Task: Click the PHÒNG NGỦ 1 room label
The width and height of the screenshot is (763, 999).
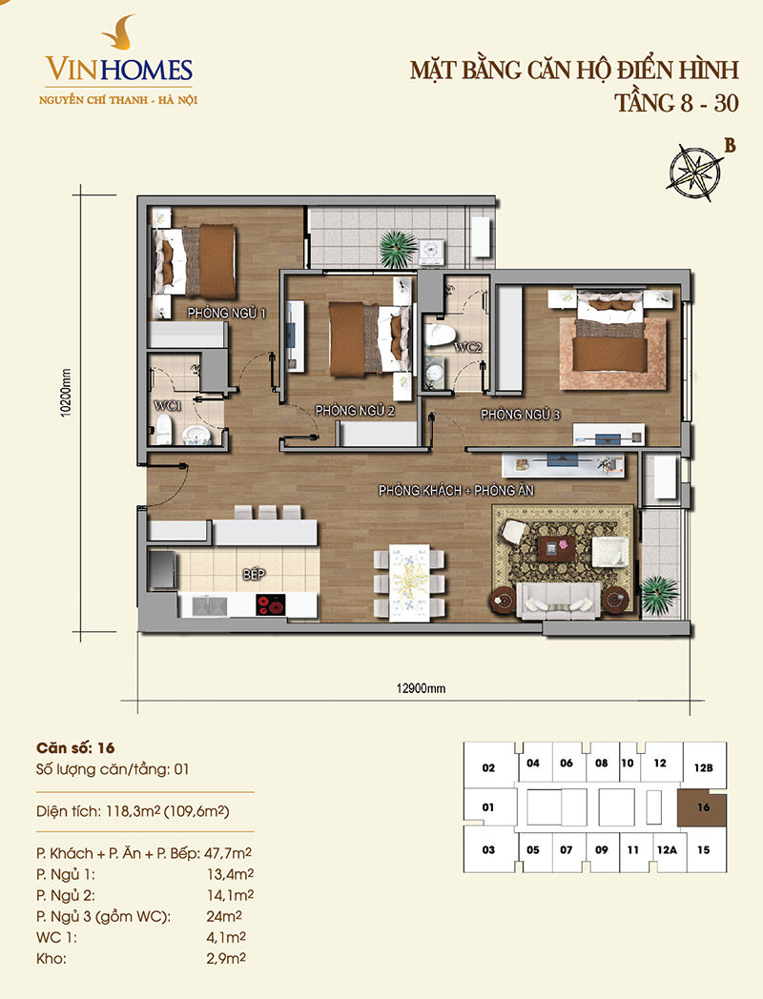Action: pyautogui.click(x=226, y=313)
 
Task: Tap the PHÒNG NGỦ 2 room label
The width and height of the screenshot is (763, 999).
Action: pyautogui.click(x=355, y=411)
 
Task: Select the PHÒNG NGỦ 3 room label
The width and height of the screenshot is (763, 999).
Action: pyautogui.click(x=520, y=415)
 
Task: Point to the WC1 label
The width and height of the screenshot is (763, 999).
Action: pyautogui.click(x=168, y=405)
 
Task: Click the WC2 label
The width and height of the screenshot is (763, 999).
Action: pyautogui.click(x=467, y=348)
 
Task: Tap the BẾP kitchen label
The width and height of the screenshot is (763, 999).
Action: pyautogui.click(x=254, y=575)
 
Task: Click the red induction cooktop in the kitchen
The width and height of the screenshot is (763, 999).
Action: pyautogui.click(x=271, y=604)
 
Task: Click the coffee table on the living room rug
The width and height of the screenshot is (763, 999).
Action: pyautogui.click(x=556, y=548)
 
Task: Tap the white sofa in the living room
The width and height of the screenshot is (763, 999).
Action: pyautogui.click(x=558, y=601)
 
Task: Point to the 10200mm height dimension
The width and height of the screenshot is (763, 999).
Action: pyautogui.click(x=66, y=393)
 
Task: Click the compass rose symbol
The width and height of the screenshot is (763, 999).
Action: pyautogui.click(x=694, y=172)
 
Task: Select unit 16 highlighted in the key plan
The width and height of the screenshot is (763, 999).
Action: pyautogui.click(x=703, y=807)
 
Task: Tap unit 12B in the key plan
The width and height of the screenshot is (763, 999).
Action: pyautogui.click(x=704, y=767)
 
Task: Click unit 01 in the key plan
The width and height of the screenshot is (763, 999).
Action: pyautogui.click(x=488, y=807)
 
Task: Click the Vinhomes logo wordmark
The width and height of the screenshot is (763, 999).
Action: pyautogui.click(x=118, y=69)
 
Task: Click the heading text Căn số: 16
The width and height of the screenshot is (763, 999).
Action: pyautogui.click(x=75, y=748)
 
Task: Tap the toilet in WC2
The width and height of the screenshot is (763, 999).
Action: pyautogui.click(x=440, y=335)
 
